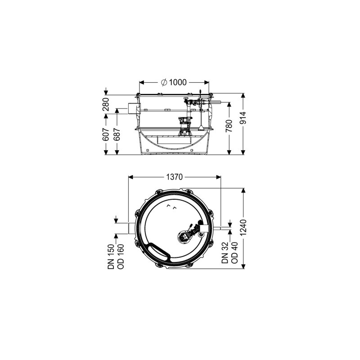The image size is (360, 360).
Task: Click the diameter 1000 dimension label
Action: pyautogui.click(x=174, y=82)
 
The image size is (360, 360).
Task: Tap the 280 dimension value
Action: pyautogui.click(x=106, y=104)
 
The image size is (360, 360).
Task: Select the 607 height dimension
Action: pyautogui.click(x=106, y=134)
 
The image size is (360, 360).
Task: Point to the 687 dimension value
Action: pyautogui.click(x=117, y=134)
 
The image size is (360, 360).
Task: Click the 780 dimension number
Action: pyautogui.click(x=229, y=126)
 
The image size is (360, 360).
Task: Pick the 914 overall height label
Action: pyautogui.click(x=243, y=118)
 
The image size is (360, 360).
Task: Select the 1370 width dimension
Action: pyautogui.click(x=175, y=177)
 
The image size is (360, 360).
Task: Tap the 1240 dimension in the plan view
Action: pyautogui.click(x=243, y=227)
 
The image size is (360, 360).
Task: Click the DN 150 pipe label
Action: pyautogui.click(x=111, y=256)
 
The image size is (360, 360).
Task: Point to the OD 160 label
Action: pyautogui.click(x=121, y=256)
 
